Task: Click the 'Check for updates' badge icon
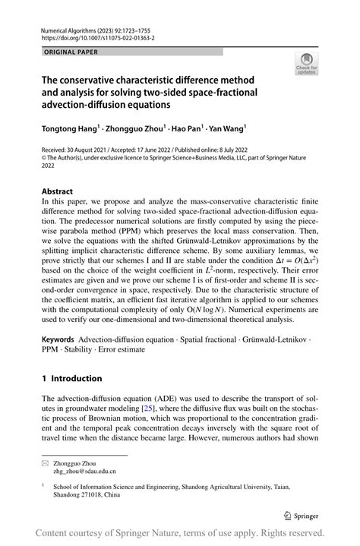coord(306,64)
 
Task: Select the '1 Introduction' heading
coord(72,378)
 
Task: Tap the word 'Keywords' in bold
coord(58,339)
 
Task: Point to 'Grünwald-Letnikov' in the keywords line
coord(284,339)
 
